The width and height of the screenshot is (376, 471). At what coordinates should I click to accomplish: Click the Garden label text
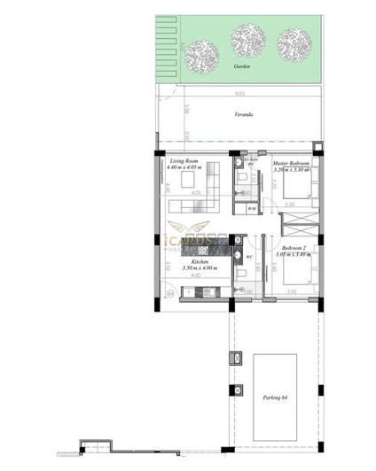[x=238, y=66]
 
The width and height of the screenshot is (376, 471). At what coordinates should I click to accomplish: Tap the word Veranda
[x=243, y=115]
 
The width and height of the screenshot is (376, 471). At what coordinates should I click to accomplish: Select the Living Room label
[x=184, y=161]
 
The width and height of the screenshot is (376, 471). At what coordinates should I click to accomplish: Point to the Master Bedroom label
[x=291, y=162]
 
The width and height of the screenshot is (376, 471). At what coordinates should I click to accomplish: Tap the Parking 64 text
[x=276, y=397]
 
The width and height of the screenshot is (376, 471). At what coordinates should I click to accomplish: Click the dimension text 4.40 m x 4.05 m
[x=185, y=168]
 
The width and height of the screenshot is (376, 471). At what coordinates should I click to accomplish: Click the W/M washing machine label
[x=252, y=208]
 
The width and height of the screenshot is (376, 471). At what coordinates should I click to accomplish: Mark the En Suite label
[x=251, y=160]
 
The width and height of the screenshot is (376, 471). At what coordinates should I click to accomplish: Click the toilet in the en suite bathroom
[x=242, y=176]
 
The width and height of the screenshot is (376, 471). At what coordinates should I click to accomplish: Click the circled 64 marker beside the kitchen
[x=169, y=290]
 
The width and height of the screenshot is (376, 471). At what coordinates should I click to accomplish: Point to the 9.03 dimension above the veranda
[x=239, y=93]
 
